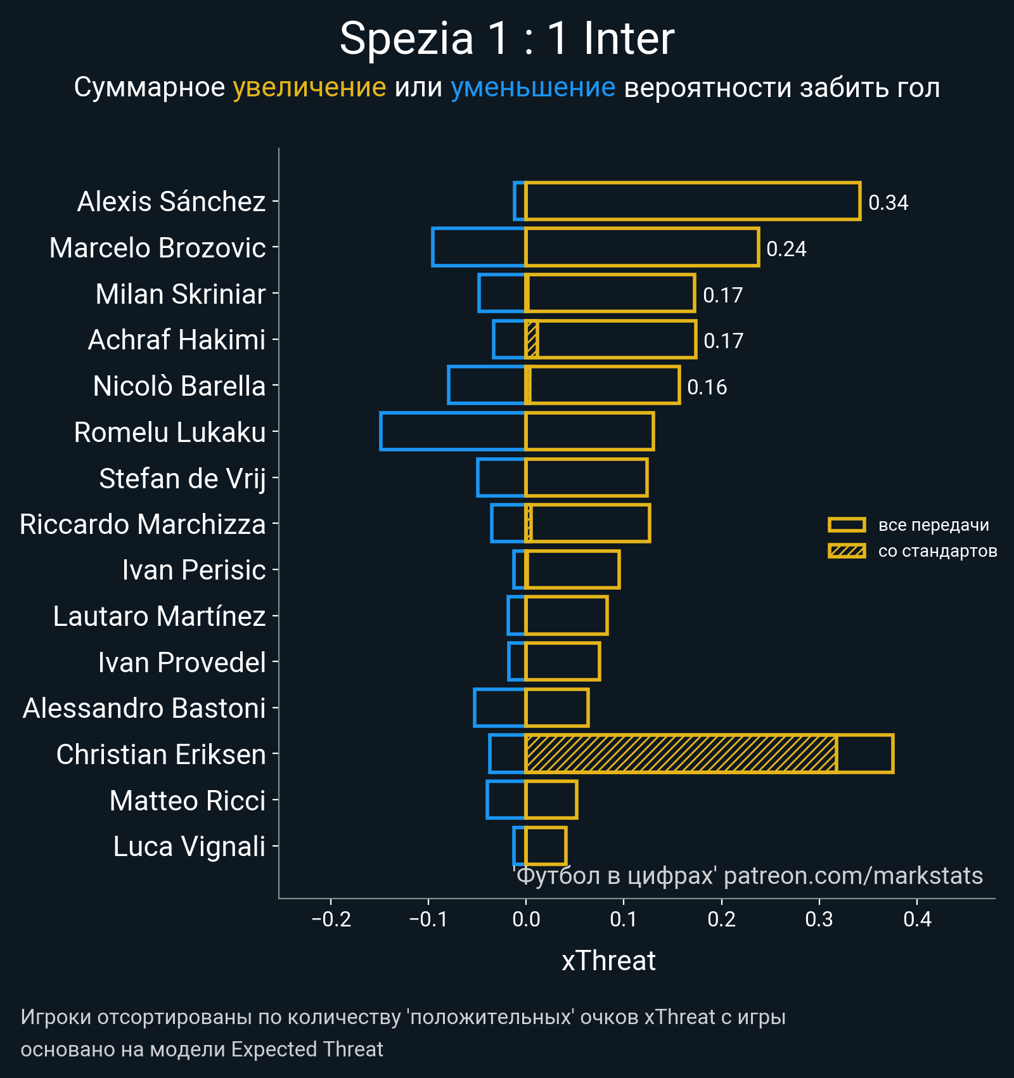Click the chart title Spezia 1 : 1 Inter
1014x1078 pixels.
click(507, 39)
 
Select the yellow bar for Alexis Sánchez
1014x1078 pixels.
click(692, 201)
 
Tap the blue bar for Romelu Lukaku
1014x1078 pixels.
click(452, 431)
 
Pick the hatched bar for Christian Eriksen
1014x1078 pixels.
click(681, 754)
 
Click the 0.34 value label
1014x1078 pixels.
click(888, 203)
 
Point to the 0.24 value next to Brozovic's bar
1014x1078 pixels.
click(786, 249)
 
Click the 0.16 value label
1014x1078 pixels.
click(707, 387)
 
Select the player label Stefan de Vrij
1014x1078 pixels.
click(182, 479)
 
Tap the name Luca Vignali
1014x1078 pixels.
click(189, 847)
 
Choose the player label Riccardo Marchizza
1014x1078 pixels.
click(143, 524)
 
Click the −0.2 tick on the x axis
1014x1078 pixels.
click(331, 919)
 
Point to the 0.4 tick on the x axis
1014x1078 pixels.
click(917, 919)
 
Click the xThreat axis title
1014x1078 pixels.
click(608, 961)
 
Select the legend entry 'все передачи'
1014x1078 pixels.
click(933, 525)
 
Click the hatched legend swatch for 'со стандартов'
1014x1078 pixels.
click(847, 551)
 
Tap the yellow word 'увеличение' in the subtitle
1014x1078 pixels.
click(309, 88)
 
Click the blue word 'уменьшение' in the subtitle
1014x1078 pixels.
click(533, 88)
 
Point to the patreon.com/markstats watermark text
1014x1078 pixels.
click(853, 876)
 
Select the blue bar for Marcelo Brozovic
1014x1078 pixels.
click(478, 247)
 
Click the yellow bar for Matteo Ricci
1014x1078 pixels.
click(551, 800)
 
